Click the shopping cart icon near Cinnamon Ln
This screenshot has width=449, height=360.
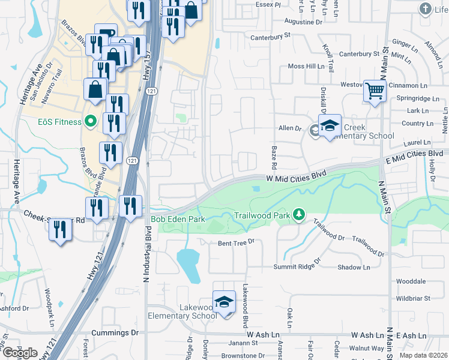[x=375, y=91]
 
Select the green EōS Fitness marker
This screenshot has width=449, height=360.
[x=91, y=122]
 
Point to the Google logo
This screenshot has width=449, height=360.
[x=20, y=352]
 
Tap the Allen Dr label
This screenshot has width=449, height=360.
[x=289, y=128]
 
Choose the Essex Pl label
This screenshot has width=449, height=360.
[x=268, y=4]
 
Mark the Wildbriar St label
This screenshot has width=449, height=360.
[x=413, y=298]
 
